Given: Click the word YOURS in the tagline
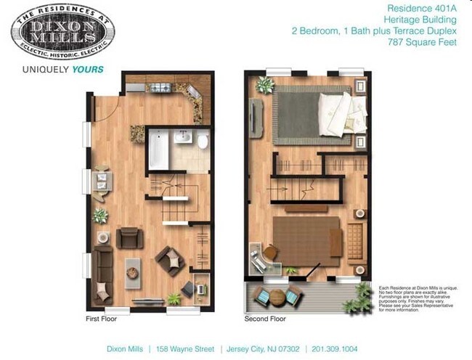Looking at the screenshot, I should [88, 70].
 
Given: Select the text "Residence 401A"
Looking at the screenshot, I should [414, 9].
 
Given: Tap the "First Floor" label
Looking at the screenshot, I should [101, 318].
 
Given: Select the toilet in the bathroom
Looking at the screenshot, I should [204, 141].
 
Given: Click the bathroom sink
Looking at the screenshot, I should [184, 137].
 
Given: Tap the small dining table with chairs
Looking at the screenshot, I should [99, 179].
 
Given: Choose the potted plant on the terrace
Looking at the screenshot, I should [363, 293].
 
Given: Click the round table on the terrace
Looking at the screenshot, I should [279, 296].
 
